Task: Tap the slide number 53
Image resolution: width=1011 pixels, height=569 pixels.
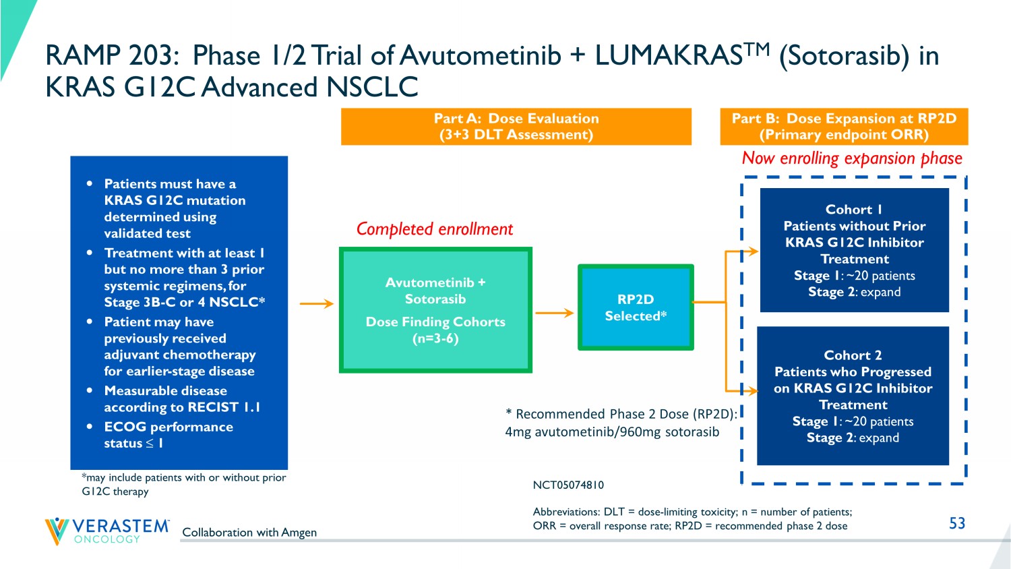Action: tap(957, 523)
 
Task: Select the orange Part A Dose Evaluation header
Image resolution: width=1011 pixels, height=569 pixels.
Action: tap(516, 127)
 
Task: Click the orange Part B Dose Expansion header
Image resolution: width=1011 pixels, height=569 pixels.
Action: tap(844, 127)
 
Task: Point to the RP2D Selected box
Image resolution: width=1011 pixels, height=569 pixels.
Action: tap(636, 307)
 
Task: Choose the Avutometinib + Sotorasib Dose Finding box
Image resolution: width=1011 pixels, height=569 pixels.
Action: tap(435, 310)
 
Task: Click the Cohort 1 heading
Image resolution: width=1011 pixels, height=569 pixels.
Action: tap(854, 210)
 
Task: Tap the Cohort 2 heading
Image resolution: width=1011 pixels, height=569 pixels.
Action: tap(853, 355)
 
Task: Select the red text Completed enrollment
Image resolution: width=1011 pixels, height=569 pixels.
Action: tap(435, 229)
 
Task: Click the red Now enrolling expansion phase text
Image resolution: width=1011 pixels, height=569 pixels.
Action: tap(852, 158)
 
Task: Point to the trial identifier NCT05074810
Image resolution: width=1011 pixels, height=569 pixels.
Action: tap(568, 485)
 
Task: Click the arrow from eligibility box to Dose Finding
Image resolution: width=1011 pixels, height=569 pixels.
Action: tap(316, 304)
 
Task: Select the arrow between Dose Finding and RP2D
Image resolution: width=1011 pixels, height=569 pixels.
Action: tap(554, 313)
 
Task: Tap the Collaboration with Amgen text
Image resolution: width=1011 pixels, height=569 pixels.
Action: tap(249, 532)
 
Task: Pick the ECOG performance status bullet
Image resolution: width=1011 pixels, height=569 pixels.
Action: tap(168, 435)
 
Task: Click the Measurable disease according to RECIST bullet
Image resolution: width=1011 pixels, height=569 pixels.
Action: tap(181, 399)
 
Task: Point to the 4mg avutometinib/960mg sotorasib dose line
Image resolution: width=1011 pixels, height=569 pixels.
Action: tap(612, 432)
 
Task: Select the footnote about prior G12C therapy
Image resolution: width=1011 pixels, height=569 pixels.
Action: tap(183, 484)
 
